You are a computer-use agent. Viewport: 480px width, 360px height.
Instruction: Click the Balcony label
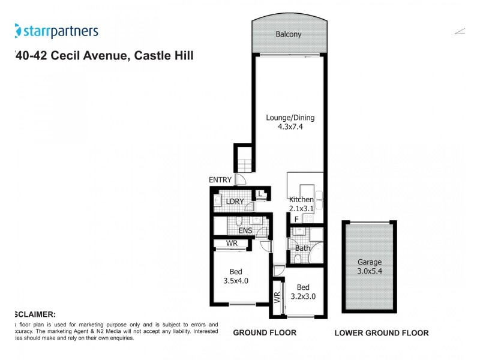[289, 35]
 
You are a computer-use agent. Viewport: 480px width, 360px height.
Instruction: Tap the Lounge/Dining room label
[290, 118]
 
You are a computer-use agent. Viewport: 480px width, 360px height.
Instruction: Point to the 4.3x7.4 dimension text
[290, 127]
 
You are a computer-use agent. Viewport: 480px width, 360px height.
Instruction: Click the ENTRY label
[220, 179]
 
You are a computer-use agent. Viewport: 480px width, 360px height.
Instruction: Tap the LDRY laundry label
[235, 201]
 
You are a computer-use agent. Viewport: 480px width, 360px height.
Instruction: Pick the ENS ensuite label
[245, 230]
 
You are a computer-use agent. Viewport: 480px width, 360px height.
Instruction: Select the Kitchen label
[301, 200]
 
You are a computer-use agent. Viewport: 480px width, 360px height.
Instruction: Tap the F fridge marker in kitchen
[296, 219]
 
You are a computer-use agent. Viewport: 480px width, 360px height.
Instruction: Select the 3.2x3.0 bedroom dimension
[303, 296]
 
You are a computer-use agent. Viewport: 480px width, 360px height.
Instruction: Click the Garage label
[370, 262]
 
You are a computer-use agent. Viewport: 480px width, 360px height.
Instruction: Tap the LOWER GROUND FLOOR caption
[381, 332]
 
